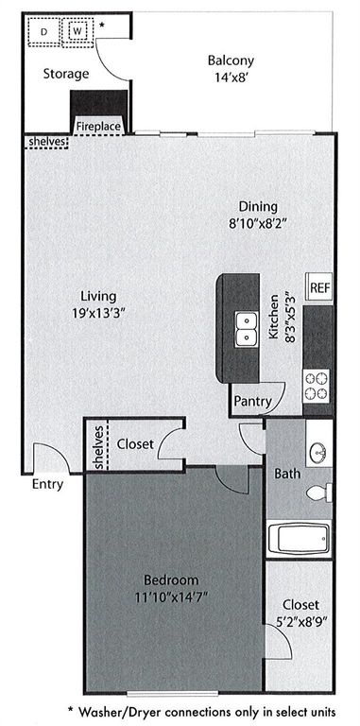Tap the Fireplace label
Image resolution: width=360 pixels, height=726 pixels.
click(x=98, y=125)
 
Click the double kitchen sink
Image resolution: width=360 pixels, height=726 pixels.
click(x=247, y=328)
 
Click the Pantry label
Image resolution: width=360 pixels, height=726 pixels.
click(x=253, y=402)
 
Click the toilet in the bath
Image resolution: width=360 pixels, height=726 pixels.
click(x=319, y=493)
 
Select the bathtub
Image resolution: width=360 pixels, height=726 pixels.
click(x=299, y=539)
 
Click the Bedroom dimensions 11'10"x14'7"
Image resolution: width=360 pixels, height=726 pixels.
click(x=172, y=596)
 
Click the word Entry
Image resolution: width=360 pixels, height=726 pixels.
click(x=46, y=485)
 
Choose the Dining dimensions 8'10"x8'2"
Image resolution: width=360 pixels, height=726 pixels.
click(x=257, y=224)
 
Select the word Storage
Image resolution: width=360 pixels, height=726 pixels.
click(x=65, y=74)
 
